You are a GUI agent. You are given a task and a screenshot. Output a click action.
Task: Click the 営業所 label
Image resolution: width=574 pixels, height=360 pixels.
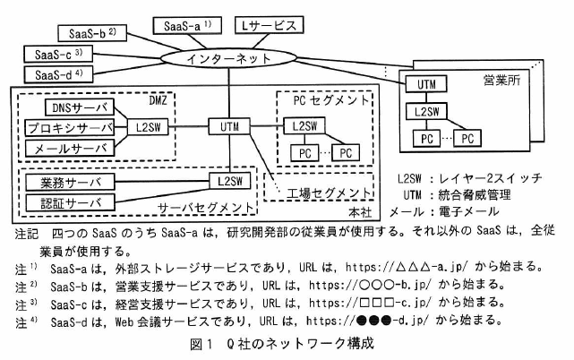501,80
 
